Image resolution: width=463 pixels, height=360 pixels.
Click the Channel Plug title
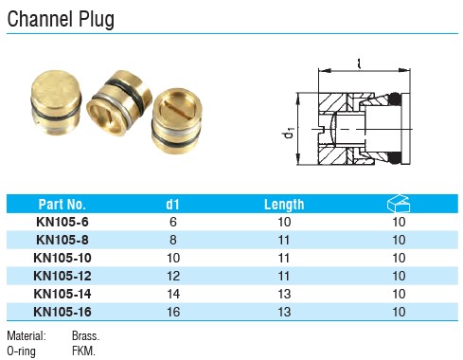[61, 19]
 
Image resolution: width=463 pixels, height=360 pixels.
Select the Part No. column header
[62, 205]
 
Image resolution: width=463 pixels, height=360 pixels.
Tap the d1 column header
[172, 205]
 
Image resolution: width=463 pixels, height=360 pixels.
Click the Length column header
[284, 205]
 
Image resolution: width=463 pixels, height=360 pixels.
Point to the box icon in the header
[399, 204]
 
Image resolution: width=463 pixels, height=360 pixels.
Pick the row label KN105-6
[62, 222]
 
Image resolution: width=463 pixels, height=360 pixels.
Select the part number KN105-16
[62, 312]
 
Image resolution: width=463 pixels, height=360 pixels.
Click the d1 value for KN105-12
[173, 276]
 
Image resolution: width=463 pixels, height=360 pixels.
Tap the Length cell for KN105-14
[284, 294]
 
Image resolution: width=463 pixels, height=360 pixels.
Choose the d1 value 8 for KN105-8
[173, 240]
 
